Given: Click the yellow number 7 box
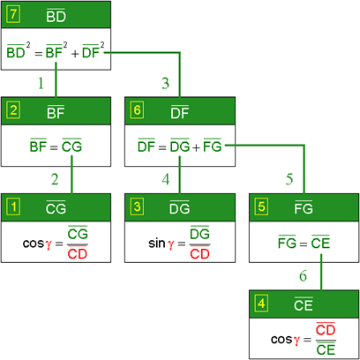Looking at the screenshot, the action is (13, 15).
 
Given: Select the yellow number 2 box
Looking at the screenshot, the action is (13, 110).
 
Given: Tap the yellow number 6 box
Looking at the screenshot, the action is (137, 110).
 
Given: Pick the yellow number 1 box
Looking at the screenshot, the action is (13, 207).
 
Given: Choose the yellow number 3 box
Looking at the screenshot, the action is (137, 207).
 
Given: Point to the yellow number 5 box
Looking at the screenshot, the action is (261, 207).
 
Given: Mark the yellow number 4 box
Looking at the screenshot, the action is (261, 304).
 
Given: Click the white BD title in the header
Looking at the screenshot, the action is (56, 16).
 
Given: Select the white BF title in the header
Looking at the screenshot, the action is (56, 112).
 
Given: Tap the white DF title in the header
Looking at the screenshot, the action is (180, 112).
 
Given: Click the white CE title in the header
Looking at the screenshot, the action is (304, 304).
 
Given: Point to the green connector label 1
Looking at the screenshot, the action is (41, 83).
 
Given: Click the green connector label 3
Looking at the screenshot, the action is (165, 83).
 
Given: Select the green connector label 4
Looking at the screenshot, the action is (166, 179).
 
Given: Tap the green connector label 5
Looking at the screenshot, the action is (289, 179).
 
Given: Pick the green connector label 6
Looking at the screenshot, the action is (303, 276).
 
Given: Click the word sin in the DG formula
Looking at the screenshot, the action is (157, 244).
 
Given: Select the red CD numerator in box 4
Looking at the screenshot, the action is (326, 330).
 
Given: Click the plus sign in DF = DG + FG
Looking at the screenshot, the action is (196, 147).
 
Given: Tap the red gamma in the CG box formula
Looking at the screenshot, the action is (49, 244).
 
